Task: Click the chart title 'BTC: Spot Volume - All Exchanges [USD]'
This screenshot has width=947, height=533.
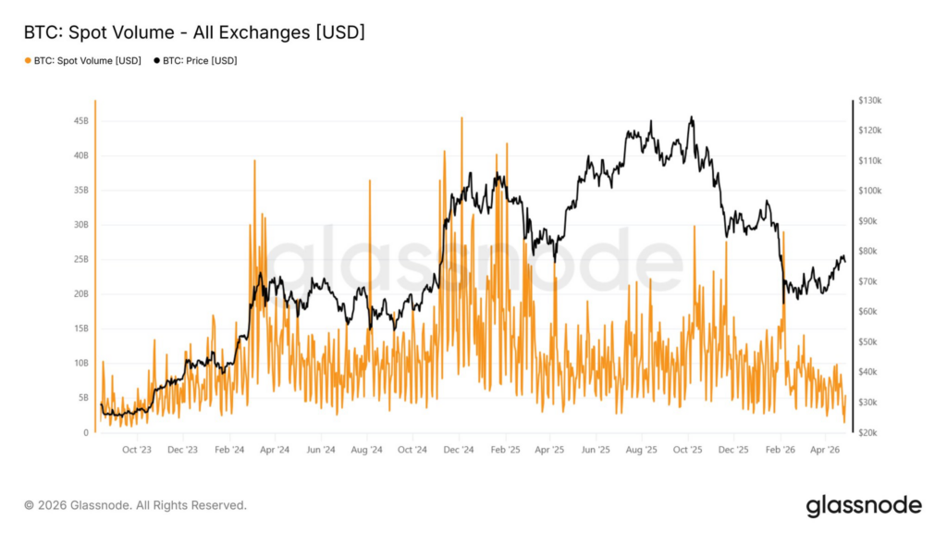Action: coord(194,32)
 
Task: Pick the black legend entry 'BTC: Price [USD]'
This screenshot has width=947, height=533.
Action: coord(200,61)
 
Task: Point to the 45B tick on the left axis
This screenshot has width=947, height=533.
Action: coord(80,120)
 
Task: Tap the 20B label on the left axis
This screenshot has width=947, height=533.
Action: coord(80,294)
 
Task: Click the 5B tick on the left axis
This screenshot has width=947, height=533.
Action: coord(82,398)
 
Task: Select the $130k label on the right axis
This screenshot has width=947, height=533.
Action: coord(870,100)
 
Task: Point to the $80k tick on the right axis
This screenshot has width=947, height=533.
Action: coord(869,252)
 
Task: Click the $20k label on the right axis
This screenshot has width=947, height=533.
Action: coord(869,433)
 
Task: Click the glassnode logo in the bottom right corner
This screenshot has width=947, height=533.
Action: coord(863,505)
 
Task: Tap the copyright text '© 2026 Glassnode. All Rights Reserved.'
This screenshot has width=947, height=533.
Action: coord(135,505)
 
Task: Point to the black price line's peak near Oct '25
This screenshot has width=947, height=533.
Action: coord(691,118)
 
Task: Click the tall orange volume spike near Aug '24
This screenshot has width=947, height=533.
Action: coord(369,180)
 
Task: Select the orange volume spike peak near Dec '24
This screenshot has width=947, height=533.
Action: coord(461,118)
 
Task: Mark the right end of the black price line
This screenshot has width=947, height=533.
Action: coord(844,261)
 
